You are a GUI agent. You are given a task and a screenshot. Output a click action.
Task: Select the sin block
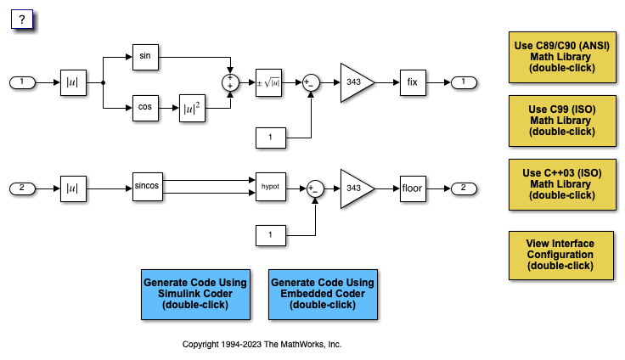click(146, 56)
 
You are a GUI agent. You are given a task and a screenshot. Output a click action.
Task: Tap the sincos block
click(147, 186)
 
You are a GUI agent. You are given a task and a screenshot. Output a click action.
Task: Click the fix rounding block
click(412, 82)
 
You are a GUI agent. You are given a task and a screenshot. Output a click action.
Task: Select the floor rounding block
click(412, 187)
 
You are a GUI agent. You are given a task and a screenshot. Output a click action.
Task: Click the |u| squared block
click(192, 110)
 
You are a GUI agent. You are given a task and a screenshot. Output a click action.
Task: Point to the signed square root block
click(268, 82)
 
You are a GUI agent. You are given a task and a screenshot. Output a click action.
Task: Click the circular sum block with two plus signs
click(229, 82)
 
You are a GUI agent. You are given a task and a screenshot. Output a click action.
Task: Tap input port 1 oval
click(22, 82)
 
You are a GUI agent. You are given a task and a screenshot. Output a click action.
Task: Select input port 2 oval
click(22, 187)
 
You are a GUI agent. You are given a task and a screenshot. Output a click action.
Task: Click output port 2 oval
click(464, 187)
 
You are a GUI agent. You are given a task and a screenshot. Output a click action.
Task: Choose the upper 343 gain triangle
click(354, 82)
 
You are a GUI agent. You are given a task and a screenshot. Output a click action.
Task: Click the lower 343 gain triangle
click(354, 187)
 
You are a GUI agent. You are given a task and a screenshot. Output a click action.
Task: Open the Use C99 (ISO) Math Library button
click(561, 121)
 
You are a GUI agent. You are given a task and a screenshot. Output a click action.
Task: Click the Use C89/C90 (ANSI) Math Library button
click(561, 57)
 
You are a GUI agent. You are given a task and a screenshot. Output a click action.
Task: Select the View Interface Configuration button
click(561, 255)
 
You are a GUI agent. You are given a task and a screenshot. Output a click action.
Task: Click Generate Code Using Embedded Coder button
click(322, 294)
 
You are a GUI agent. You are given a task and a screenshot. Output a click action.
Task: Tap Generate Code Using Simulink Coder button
click(194, 294)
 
